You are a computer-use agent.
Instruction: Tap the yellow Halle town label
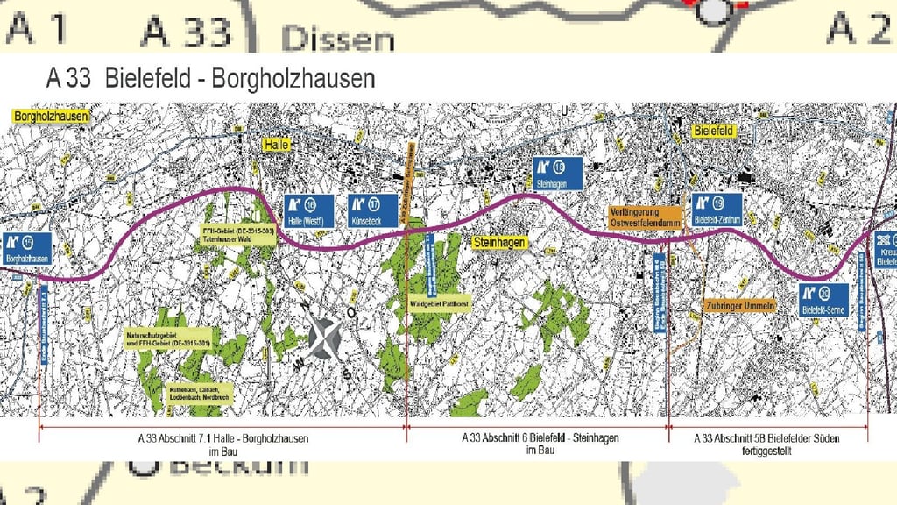pos(278,145)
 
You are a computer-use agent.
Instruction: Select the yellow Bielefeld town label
pos(712,131)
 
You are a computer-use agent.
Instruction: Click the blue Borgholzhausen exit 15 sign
pos(27,249)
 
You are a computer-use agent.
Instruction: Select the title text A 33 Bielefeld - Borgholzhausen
pos(210,78)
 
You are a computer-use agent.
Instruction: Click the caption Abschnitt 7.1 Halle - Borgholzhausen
pos(223,443)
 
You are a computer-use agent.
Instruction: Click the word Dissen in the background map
pos(338,39)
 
